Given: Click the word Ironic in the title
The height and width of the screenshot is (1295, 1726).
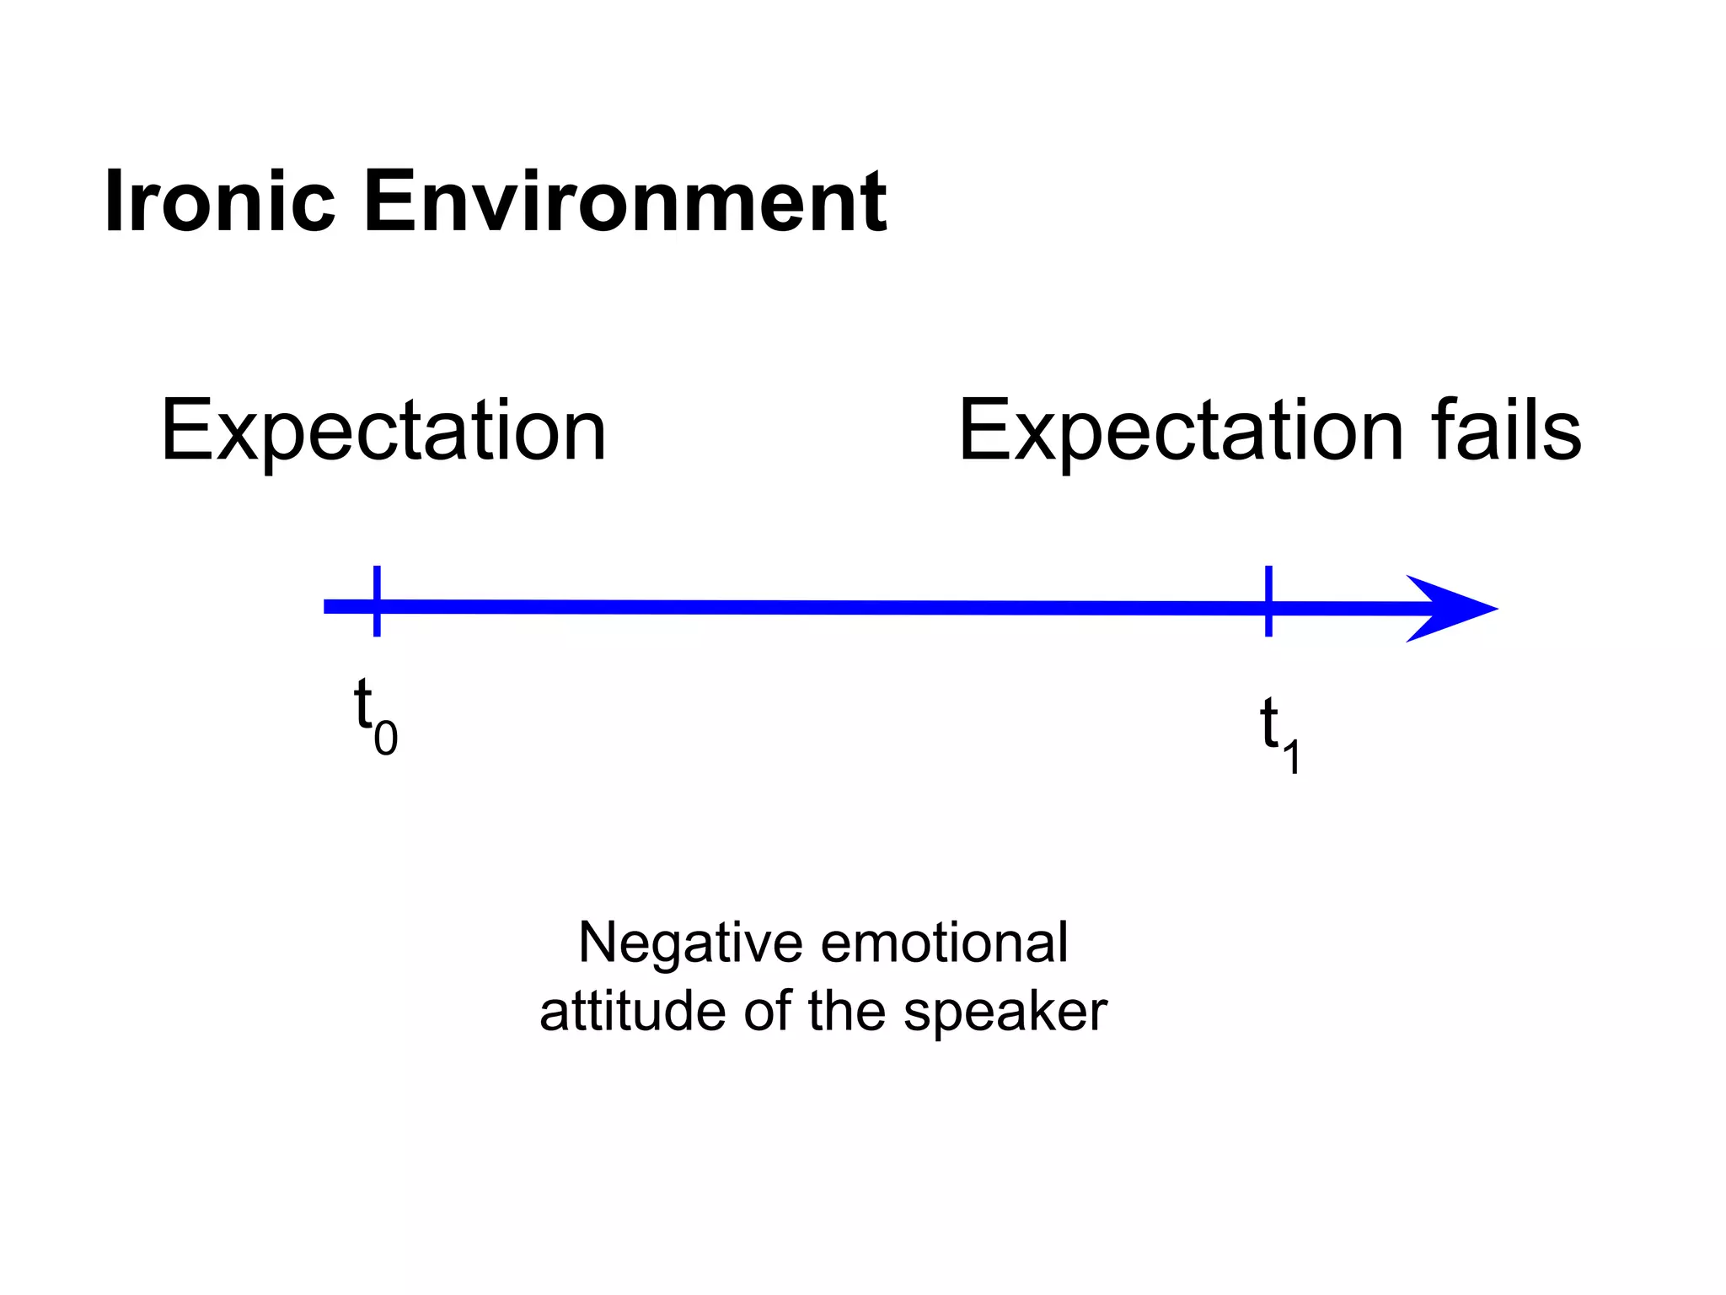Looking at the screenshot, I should point(220,202).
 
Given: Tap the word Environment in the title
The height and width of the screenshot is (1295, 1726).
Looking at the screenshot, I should point(624,202).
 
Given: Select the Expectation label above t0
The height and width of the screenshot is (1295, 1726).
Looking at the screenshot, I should point(383,431).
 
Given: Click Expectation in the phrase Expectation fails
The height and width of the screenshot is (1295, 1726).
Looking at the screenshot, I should point(1181,431).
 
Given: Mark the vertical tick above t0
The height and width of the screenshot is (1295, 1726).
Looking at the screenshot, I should point(377,600).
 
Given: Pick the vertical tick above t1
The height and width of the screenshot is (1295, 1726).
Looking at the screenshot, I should point(1268,600).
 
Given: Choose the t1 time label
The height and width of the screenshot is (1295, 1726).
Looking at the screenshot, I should point(1279,733).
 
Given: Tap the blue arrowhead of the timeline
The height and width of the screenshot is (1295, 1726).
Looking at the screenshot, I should point(1450,609).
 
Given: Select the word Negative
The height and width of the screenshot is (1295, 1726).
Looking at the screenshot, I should point(690,943).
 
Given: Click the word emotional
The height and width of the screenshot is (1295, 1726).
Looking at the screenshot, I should point(945,942).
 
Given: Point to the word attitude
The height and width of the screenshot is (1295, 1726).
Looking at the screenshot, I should point(633,1011).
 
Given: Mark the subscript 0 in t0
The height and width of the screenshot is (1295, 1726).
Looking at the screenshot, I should point(386,739).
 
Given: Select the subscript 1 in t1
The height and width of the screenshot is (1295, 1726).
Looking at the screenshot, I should point(1291,755).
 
